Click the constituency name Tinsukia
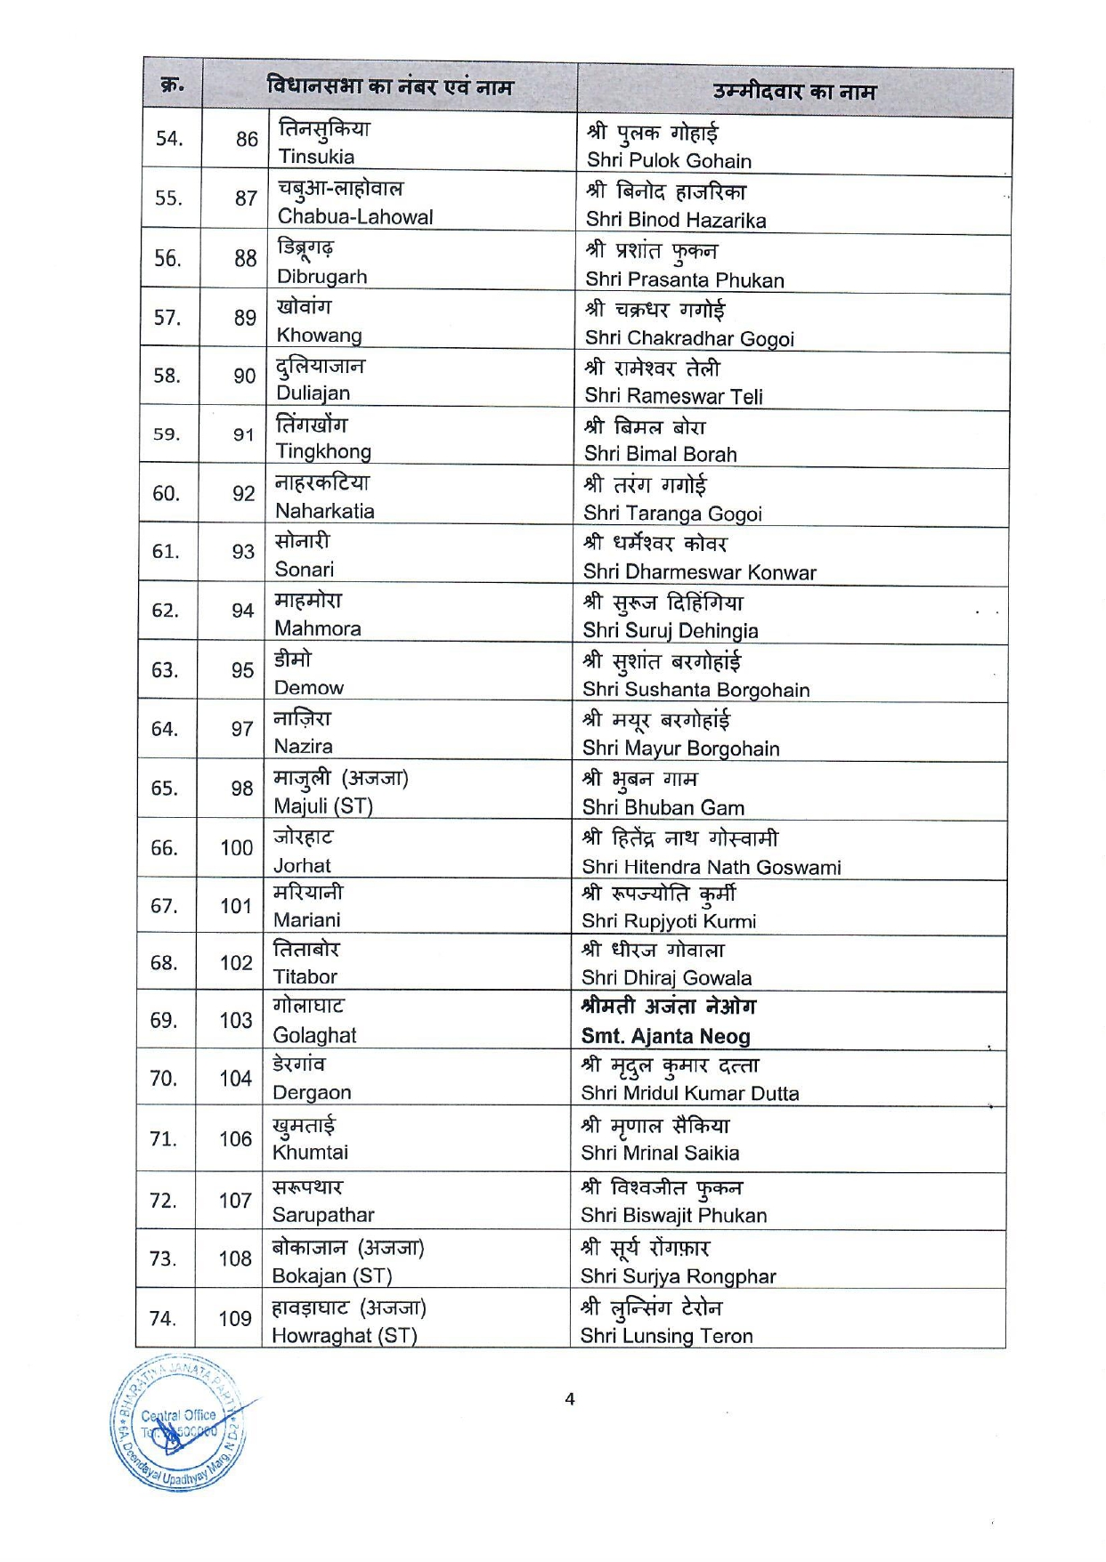[316, 157]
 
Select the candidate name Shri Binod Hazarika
[676, 220]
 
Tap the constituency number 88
[246, 258]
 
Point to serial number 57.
[167, 317]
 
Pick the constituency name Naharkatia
[324, 511]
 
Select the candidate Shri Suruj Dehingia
[671, 630]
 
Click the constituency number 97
[242, 729]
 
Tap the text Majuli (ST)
[323, 806]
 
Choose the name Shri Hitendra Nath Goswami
[712, 867]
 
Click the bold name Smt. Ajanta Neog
[666, 1036]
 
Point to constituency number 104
[236, 1079]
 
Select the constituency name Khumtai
[310, 1153]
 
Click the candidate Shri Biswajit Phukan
[674, 1215]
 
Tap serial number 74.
[163, 1317]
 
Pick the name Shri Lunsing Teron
[667, 1336]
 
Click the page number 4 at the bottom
[570, 1399]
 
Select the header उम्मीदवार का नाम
[794, 92]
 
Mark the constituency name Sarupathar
[323, 1215]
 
